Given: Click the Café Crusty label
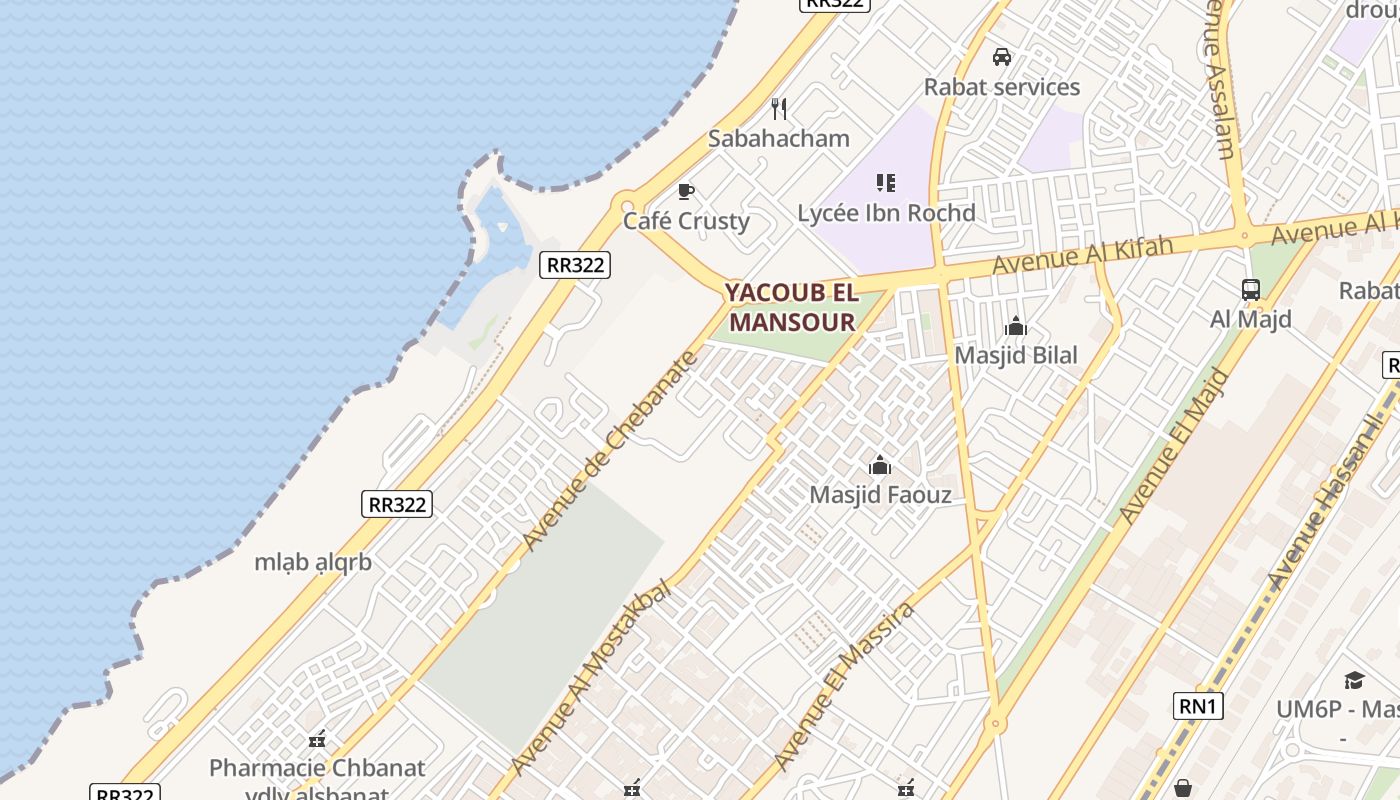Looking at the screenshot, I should [686, 221].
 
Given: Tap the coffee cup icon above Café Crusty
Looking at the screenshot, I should [686, 191].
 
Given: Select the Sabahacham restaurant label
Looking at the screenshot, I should [779, 138].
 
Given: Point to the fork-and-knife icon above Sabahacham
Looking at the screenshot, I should [779, 108].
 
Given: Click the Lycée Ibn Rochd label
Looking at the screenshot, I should [886, 213].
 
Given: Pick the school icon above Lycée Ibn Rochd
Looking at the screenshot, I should [886, 183].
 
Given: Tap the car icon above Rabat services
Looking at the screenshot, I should [1002, 57].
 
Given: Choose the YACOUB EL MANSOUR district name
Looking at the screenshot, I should [792, 307].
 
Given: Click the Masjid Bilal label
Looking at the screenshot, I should [1016, 355].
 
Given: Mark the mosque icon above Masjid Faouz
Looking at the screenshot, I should [880, 465].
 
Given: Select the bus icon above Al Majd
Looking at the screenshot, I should [1251, 290].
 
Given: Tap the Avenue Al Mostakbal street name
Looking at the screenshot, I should [590, 678].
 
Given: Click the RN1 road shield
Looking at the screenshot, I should [1197, 707].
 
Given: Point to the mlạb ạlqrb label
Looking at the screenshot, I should [313, 562].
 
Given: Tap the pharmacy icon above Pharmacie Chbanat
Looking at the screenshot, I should [317, 740].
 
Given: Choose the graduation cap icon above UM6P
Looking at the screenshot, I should [1354, 681].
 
